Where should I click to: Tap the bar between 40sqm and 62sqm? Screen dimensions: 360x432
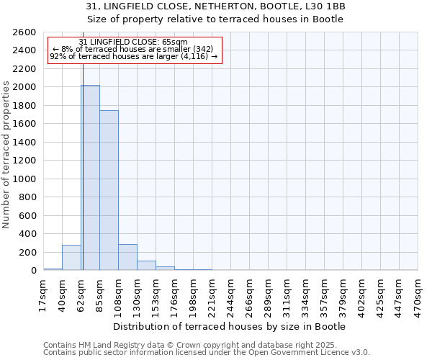71,258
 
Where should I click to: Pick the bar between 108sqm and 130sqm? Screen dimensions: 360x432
127,257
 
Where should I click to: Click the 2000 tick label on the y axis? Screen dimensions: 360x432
24,87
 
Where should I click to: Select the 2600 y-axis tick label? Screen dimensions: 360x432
24,32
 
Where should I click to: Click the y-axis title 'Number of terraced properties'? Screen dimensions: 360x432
6,155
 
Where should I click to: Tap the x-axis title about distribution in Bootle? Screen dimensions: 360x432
230,326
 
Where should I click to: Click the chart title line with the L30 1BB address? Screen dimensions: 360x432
215,6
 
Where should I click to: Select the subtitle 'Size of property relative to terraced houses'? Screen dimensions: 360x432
215,19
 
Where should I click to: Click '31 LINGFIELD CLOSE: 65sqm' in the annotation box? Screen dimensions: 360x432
133,42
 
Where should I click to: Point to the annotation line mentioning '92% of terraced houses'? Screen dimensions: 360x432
133,57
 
